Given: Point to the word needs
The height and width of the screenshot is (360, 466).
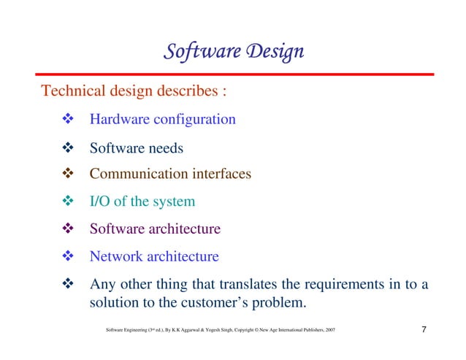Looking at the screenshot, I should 166,148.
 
